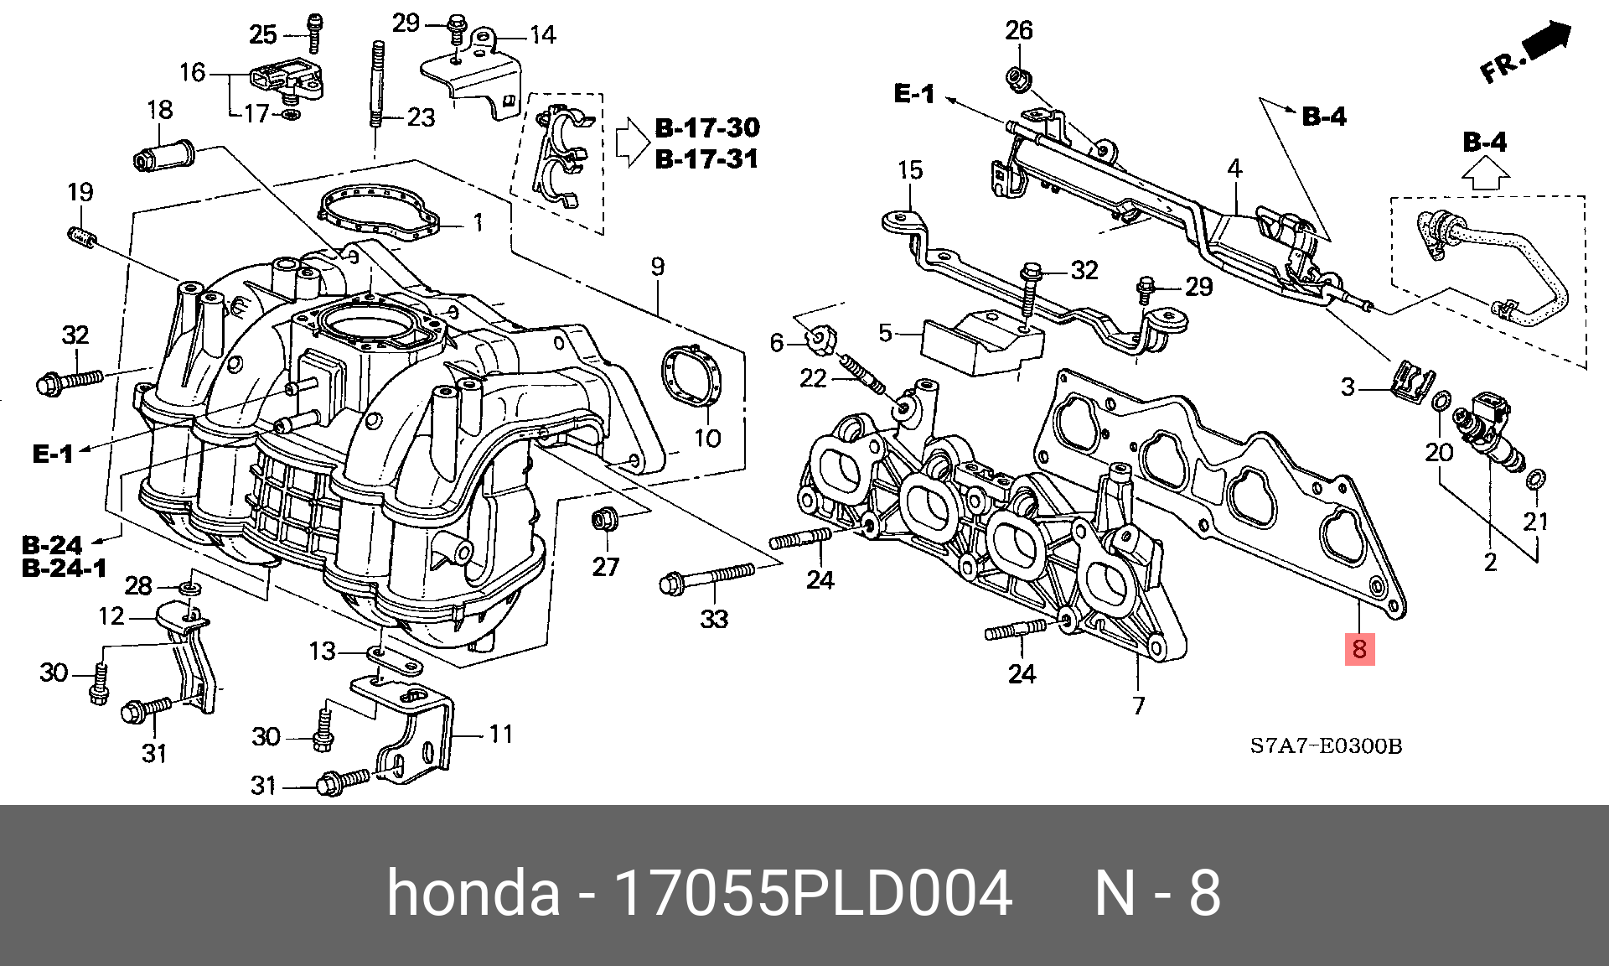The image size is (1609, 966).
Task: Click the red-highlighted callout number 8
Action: pos(1359,648)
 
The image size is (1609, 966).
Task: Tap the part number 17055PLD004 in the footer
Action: pos(812,893)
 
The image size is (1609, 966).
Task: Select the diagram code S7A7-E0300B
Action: pos(1326,745)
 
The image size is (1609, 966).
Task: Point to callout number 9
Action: pos(658,267)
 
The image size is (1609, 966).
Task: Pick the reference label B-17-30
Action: pos(707,128)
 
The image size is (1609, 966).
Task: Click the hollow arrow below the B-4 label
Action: pos(1486,174)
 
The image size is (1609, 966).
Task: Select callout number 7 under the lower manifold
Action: pos(1138,705)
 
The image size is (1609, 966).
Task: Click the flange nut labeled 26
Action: pos(1018,80)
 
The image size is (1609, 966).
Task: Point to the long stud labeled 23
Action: pos(377,84)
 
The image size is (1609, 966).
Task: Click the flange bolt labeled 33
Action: pos(708,577)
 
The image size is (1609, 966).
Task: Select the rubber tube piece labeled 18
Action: pos(164,156)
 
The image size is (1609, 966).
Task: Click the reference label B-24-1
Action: pos(65,569)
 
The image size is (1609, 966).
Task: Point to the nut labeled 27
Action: pos(603,520)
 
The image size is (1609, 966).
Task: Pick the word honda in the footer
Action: pos(473,893)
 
